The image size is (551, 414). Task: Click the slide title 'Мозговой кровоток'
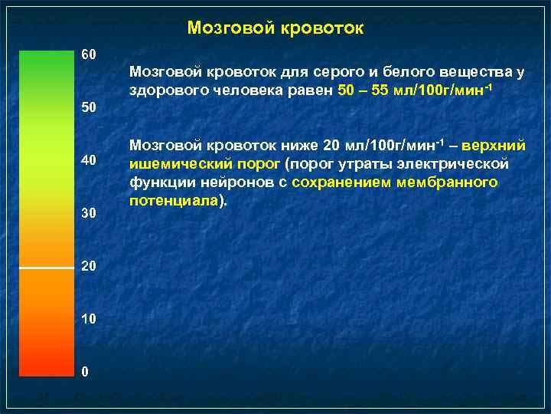click(275, 28)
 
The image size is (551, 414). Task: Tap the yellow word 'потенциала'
click(174, 200)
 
